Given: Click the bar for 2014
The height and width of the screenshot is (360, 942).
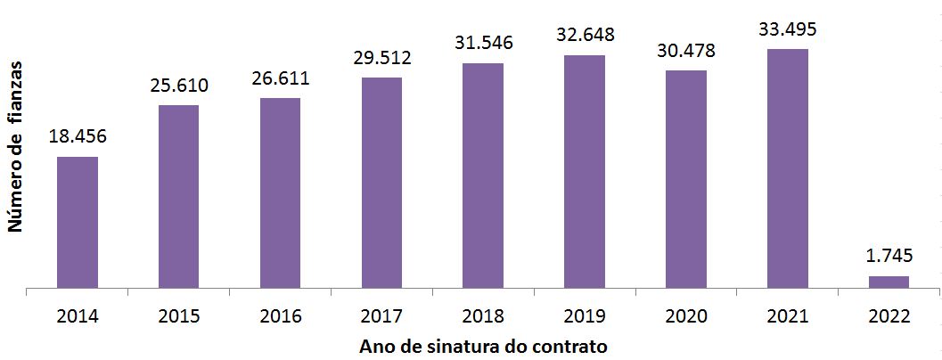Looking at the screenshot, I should (78, 223).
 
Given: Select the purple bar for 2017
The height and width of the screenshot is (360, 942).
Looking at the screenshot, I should (381, 183).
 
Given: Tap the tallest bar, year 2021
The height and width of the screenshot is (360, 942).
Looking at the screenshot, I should (788, 168).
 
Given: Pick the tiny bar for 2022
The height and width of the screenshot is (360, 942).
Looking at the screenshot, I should (889, 282).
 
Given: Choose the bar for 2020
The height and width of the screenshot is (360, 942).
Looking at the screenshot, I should (686, 179).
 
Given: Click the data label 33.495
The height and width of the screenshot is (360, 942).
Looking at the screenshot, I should (788, 29).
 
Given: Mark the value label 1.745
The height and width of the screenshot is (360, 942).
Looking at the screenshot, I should (889, 257).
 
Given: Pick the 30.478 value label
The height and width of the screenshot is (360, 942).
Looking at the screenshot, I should (686, 51).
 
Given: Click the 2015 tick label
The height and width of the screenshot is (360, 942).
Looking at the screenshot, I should (178, 316).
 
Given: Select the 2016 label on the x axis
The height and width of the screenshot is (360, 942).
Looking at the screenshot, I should (280, 316).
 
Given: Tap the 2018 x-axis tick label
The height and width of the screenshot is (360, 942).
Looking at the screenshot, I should (483, 316).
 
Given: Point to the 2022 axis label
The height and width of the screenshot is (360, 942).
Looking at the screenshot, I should (889, 316).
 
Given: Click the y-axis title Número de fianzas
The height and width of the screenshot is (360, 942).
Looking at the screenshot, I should (16, 147).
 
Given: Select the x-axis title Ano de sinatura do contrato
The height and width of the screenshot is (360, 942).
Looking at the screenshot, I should (483, 346).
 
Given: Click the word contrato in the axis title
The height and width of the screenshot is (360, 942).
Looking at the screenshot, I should (571, 346).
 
